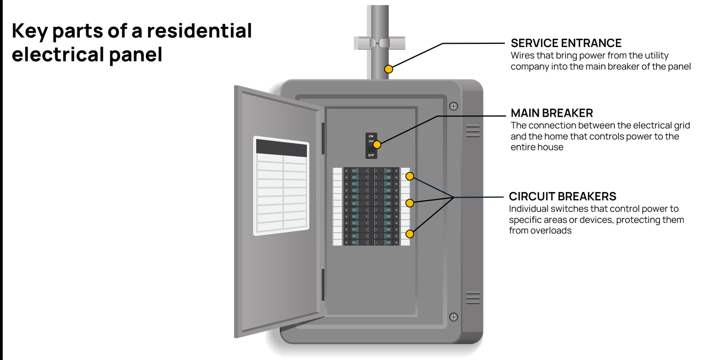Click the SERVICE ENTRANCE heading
566,43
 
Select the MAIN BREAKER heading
552,113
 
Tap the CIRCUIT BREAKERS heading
563,197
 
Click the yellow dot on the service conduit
389,69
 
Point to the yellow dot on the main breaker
377,144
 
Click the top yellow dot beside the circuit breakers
409,176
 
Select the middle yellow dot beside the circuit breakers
409,203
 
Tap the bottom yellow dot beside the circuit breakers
409,234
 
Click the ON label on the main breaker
371,136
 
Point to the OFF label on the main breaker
371,156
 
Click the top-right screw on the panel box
454,106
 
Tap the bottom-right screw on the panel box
454,317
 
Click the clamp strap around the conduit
379,43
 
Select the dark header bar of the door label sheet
282,148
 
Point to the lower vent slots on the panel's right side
473,298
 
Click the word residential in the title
199,31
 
